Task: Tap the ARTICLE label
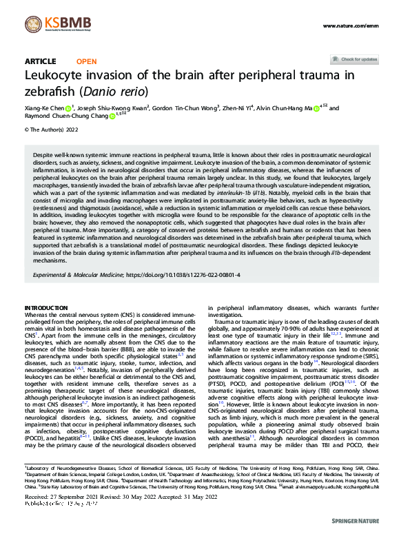(x=40, y=61)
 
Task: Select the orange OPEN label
(x=86, y=61)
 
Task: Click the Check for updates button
(x=354, y=60)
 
